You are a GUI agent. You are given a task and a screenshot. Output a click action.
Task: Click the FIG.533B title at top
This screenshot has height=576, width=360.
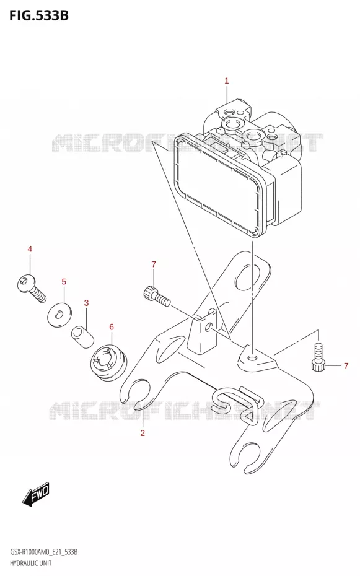coord(38,15)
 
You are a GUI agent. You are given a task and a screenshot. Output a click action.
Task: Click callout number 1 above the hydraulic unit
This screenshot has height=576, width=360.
coord(227,81)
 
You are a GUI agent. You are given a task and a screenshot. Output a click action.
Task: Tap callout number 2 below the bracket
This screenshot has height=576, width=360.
coord(143,433)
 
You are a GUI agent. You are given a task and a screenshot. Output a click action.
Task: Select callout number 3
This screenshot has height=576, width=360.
coord(86,303)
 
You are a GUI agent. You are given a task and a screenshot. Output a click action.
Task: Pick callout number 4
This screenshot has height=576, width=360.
coord(30,249)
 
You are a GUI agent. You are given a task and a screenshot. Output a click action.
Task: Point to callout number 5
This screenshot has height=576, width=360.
coord(64,282)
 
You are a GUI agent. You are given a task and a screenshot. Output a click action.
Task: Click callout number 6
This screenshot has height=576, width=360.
coord(112,327)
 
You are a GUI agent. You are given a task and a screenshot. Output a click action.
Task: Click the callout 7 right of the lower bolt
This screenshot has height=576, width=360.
coord(346,365)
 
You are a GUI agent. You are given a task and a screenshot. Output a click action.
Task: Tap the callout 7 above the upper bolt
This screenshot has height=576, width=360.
coord(154,264)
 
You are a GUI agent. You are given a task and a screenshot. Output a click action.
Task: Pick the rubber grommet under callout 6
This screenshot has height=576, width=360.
coord(108,361)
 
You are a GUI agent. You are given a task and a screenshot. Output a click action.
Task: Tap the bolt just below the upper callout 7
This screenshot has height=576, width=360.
coord(156,296)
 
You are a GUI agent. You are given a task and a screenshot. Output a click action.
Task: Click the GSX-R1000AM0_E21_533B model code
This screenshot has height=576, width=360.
coord(43,552)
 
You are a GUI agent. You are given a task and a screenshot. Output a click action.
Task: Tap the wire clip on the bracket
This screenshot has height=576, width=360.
coord(237,404)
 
